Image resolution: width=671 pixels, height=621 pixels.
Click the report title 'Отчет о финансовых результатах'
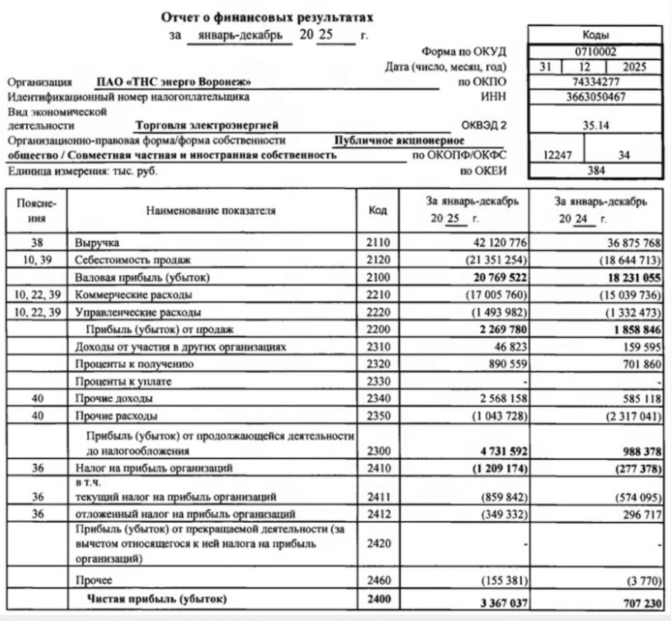pyautogui.click(x=267, y=17)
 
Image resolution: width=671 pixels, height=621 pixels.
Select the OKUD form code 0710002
pyautogui.click(x=596, y=52)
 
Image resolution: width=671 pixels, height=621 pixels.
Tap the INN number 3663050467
pyautogui.click(x=596, y=97)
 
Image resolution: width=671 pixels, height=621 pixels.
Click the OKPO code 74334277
pyautogui.click(x=596, y=82)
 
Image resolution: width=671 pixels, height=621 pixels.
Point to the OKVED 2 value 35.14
pyautogui.click(x=596, y=125)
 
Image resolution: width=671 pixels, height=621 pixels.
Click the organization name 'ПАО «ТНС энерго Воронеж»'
pyautogui.click(x=173, y=82)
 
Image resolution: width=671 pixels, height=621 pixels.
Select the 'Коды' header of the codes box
pyautogui.click(x=596, y=35)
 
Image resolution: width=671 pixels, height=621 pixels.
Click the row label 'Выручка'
pyautogui.click(x=97, y=243)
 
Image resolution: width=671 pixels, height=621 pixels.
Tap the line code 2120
pyautogui.click(x=378, y=260)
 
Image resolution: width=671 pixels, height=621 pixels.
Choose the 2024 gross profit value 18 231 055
pyautogui.click(x=630, y=278)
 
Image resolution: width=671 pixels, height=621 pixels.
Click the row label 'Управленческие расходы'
pyautogui.click(x=138, y=312)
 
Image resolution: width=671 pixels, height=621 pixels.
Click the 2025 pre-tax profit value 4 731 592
pyautogui.click(x=500, y=451)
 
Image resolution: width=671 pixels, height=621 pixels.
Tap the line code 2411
pyautogui.click(x=378, y=496)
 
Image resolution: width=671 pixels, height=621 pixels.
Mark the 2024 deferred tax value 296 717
pyautogui.click(x=637, y=514)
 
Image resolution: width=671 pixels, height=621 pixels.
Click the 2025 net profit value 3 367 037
pyautogui.click(x=500, y=603)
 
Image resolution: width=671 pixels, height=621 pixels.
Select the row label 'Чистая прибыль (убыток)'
pyautogui.click(x=157, y=599)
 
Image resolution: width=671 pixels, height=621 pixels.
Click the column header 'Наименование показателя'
pyautogui.click(x=211, y=211)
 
